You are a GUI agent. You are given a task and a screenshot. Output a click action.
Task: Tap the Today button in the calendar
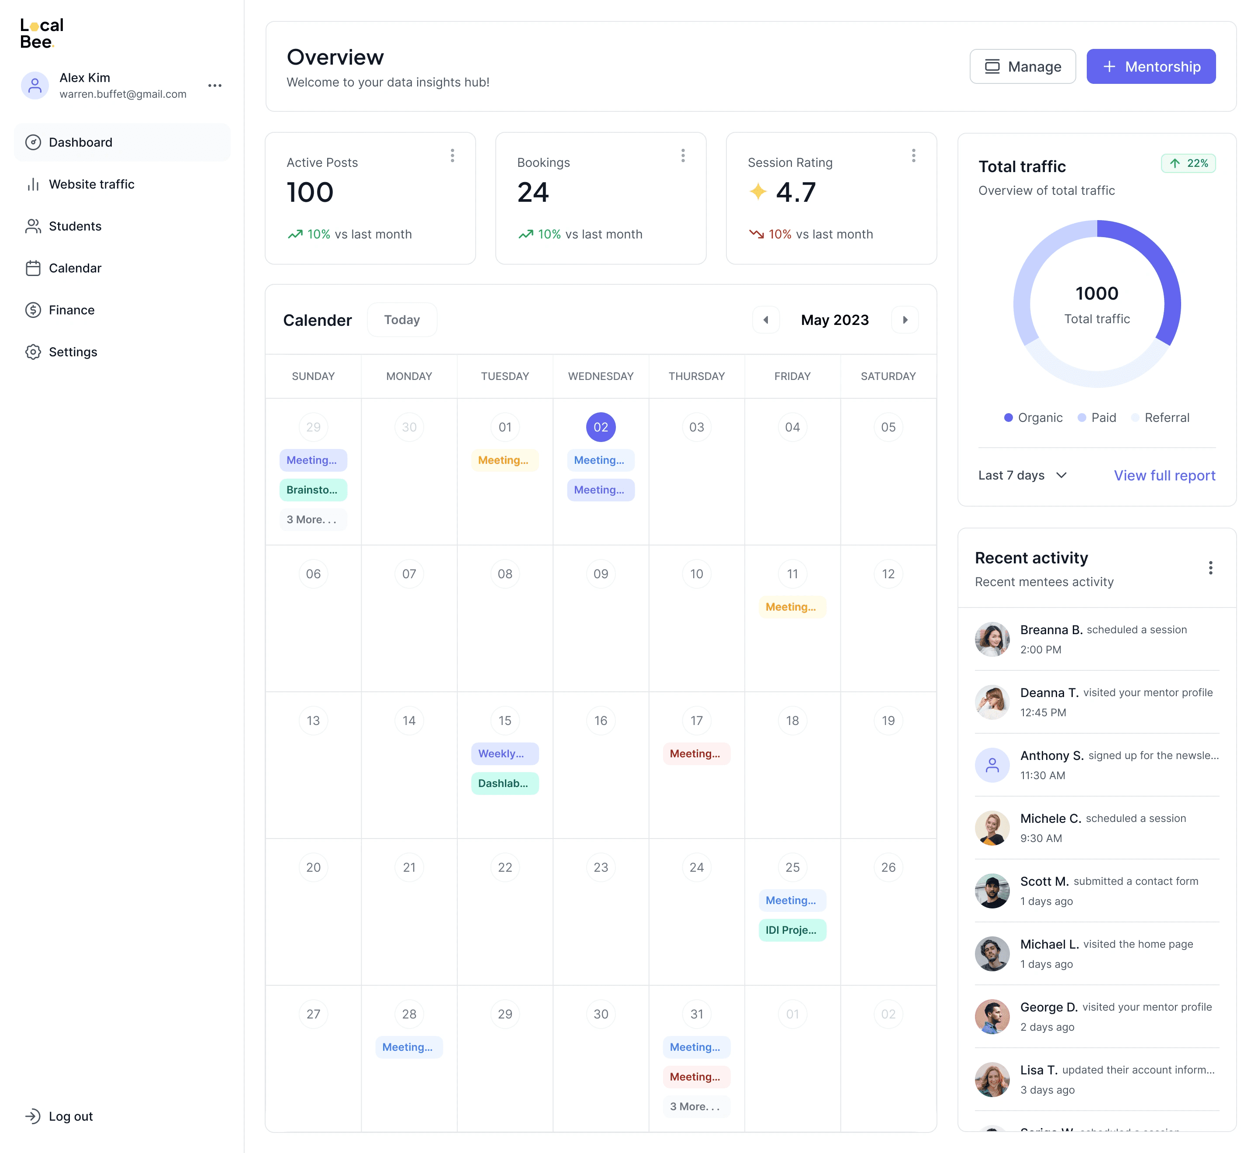[402, 319]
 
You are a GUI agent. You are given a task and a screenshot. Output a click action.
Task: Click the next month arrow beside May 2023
[905, 319]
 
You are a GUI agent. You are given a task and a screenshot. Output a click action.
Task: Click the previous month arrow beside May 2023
[766, 319]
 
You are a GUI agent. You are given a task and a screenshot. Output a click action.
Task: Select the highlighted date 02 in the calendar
[600, 427]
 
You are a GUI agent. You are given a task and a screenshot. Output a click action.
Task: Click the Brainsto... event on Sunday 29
[313, 490]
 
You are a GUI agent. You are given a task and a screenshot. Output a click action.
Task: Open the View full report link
[1165, 476]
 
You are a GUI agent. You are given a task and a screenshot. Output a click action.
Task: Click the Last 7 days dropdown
[1023, 476]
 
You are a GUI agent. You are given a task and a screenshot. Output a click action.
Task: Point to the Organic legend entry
[1033, 418]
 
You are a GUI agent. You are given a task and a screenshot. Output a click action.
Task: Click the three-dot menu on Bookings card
[683, 155]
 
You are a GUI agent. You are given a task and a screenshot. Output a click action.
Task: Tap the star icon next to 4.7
[757, 192]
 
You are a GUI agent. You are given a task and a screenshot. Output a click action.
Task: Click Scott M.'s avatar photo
[992, 891]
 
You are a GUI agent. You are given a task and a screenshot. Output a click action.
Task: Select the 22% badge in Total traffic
[1188, 163]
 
